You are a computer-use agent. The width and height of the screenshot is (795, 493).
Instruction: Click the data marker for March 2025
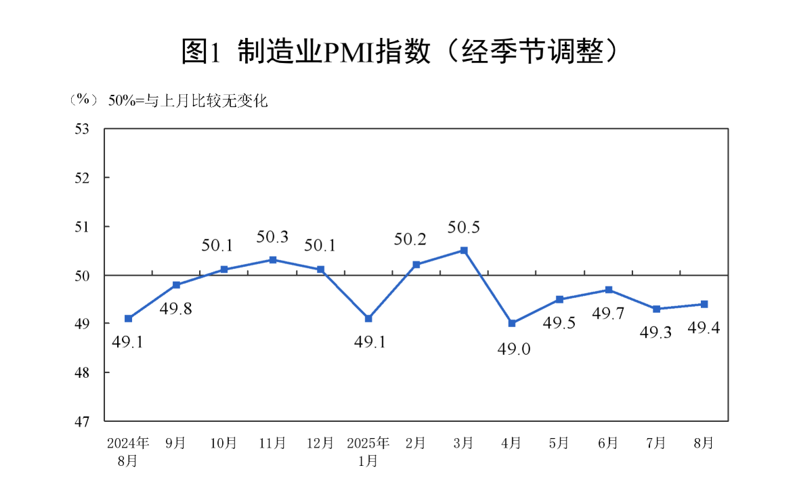[464, 251]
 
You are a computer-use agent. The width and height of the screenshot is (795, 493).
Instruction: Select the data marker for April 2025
[512, 324]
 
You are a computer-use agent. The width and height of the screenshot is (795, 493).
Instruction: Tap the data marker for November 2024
[272, 260]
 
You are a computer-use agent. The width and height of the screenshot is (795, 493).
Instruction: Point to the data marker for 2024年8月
[128, 318]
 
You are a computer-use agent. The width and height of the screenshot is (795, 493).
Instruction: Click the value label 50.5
[464, 228]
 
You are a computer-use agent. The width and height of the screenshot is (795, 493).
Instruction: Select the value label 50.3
[272, 237]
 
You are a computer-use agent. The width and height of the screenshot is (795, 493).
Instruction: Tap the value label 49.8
[175, 309]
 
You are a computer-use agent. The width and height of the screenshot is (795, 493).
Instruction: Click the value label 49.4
[704, 329]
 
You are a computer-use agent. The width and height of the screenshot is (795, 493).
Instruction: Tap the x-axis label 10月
[223, 444]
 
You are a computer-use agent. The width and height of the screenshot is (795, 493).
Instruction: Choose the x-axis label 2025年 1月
[368, 452]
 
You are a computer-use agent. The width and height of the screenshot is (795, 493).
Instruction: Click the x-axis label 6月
[608, 444]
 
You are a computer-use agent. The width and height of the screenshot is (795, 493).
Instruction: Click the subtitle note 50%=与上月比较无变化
[188, 101]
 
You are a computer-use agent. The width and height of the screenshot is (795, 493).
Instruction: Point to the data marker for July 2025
[656, 309]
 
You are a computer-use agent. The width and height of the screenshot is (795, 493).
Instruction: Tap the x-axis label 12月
[320, 444]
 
